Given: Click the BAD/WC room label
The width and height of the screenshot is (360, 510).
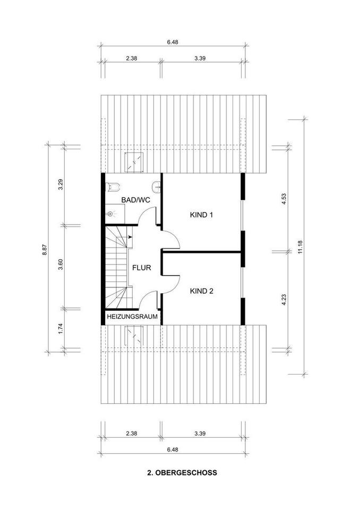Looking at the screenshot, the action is (135, 200).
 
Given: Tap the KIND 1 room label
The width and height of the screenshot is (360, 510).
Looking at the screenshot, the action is (201, 215).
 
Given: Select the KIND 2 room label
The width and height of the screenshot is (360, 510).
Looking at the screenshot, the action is (202, 291).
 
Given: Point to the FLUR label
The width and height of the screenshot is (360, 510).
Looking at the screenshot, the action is (142, 268).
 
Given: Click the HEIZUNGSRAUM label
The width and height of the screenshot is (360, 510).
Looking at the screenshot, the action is (132, 316).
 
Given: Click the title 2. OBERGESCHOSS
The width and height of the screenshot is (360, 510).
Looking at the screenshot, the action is (182, 473).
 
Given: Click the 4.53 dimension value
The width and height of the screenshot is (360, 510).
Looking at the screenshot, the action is (284, 199).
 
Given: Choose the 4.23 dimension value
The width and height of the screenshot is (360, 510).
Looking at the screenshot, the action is (284, 300).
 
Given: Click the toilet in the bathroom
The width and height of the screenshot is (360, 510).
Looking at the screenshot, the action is (113, 186).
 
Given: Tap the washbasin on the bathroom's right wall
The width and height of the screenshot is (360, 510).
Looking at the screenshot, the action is (157, 186).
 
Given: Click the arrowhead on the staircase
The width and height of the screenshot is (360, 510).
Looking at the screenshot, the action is (130, 237).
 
